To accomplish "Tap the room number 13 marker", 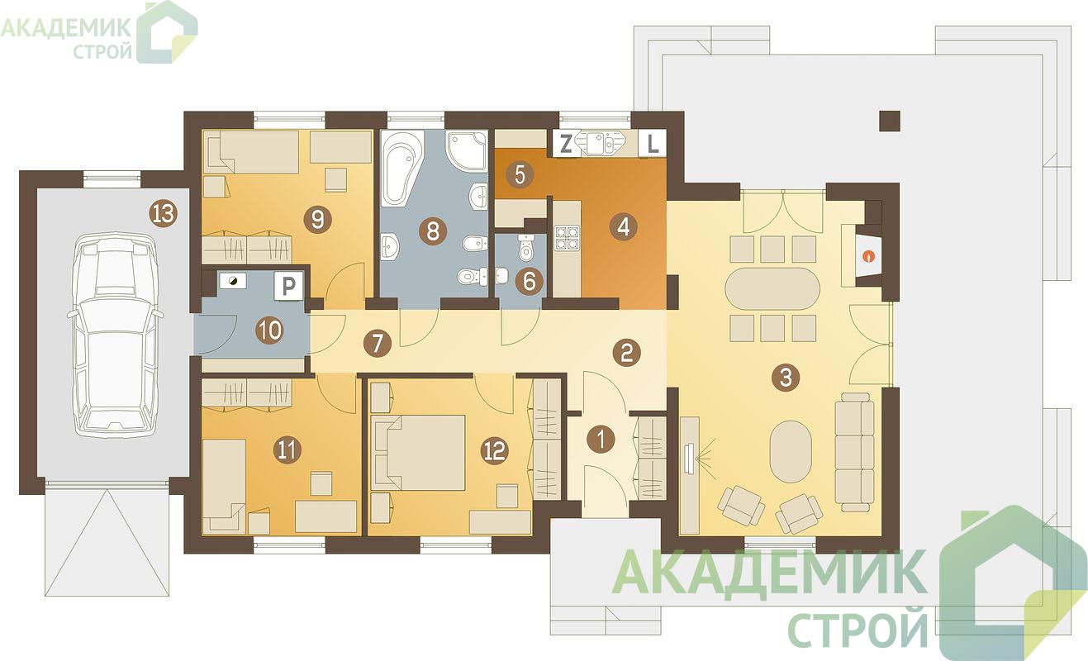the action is point(164,213).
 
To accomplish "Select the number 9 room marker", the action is point(318,220).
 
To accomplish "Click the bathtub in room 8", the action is point(401,168).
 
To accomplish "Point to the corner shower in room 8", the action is point(466,150).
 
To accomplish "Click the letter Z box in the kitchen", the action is point(565,145).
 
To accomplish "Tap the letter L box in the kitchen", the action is point(653,144).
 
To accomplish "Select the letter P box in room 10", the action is point(288,286).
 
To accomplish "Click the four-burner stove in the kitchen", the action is point(568,238).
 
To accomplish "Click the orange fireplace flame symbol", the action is point(868,256).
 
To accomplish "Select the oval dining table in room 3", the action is point(772,288).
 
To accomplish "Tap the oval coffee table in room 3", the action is point(791,452).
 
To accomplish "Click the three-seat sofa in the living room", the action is point(855,452).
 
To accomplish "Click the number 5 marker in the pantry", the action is point(520,175).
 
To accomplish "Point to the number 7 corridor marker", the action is point(378,344).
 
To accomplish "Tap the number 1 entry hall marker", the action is point(601,440).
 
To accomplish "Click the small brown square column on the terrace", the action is point(890,121).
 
